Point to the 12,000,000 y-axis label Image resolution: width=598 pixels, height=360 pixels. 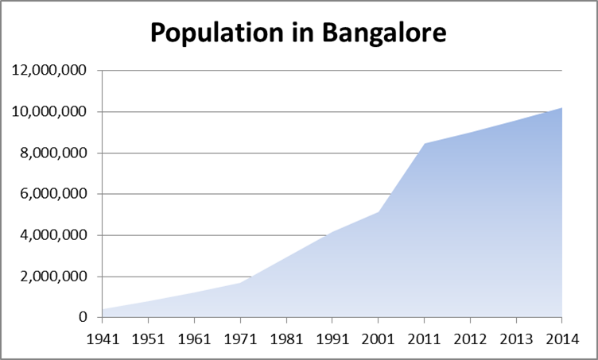(50, 71)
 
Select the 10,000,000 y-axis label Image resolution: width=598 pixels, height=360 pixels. (50, 112)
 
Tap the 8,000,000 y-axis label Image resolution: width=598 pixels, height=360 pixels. (54, 153)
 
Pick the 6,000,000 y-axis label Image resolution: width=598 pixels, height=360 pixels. (54, 195)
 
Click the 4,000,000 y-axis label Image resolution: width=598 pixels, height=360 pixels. (54, 236)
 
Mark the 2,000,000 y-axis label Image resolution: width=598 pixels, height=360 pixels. (54, 277)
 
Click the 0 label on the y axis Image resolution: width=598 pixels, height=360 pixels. (83, 318)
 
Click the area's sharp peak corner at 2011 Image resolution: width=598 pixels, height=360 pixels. (425, 144)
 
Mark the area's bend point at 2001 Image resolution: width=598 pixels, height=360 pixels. (379, 212)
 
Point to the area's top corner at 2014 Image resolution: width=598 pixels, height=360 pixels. (562, 107)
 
